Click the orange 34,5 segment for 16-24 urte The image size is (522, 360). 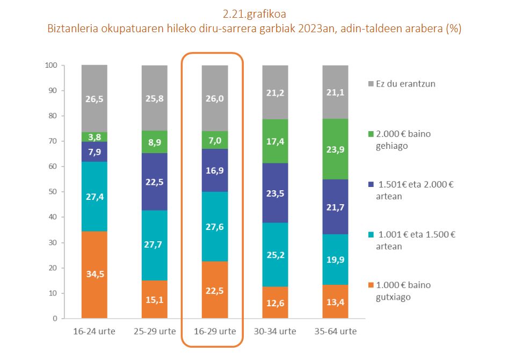point(95,275)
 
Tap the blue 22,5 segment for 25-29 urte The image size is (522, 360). point(155,182)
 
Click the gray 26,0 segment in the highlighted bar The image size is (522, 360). point(215,98)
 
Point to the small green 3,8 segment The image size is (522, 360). point(95,136)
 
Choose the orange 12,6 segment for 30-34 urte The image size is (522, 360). point(275,303)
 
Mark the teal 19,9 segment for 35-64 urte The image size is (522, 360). point(335,260)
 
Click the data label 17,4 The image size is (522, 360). point(275,142)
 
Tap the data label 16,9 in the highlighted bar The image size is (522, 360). point(215,171)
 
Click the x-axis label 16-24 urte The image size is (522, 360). point(94,331)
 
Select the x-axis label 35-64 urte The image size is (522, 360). point(335,331)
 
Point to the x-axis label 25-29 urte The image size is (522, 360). point(155,331)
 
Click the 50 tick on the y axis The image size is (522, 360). point(54,192)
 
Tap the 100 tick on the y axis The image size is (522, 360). point(52,65)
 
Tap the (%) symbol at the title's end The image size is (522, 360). point(453,28)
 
